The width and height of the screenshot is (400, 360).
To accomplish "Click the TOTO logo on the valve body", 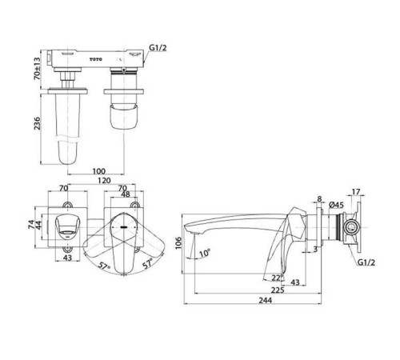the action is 95,59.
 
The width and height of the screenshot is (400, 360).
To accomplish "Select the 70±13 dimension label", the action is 37,69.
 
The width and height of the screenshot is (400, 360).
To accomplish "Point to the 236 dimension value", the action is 37,123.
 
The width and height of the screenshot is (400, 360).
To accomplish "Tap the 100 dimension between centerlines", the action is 99,171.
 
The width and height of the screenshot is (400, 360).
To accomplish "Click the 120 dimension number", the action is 104,181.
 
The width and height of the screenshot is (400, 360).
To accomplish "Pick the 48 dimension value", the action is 126,194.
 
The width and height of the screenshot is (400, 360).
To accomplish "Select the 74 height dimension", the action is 31,224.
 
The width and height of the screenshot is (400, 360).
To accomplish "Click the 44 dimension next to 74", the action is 39,226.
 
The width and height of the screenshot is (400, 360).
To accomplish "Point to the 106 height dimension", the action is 178,242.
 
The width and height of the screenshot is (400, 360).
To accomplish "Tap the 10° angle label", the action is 205,253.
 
